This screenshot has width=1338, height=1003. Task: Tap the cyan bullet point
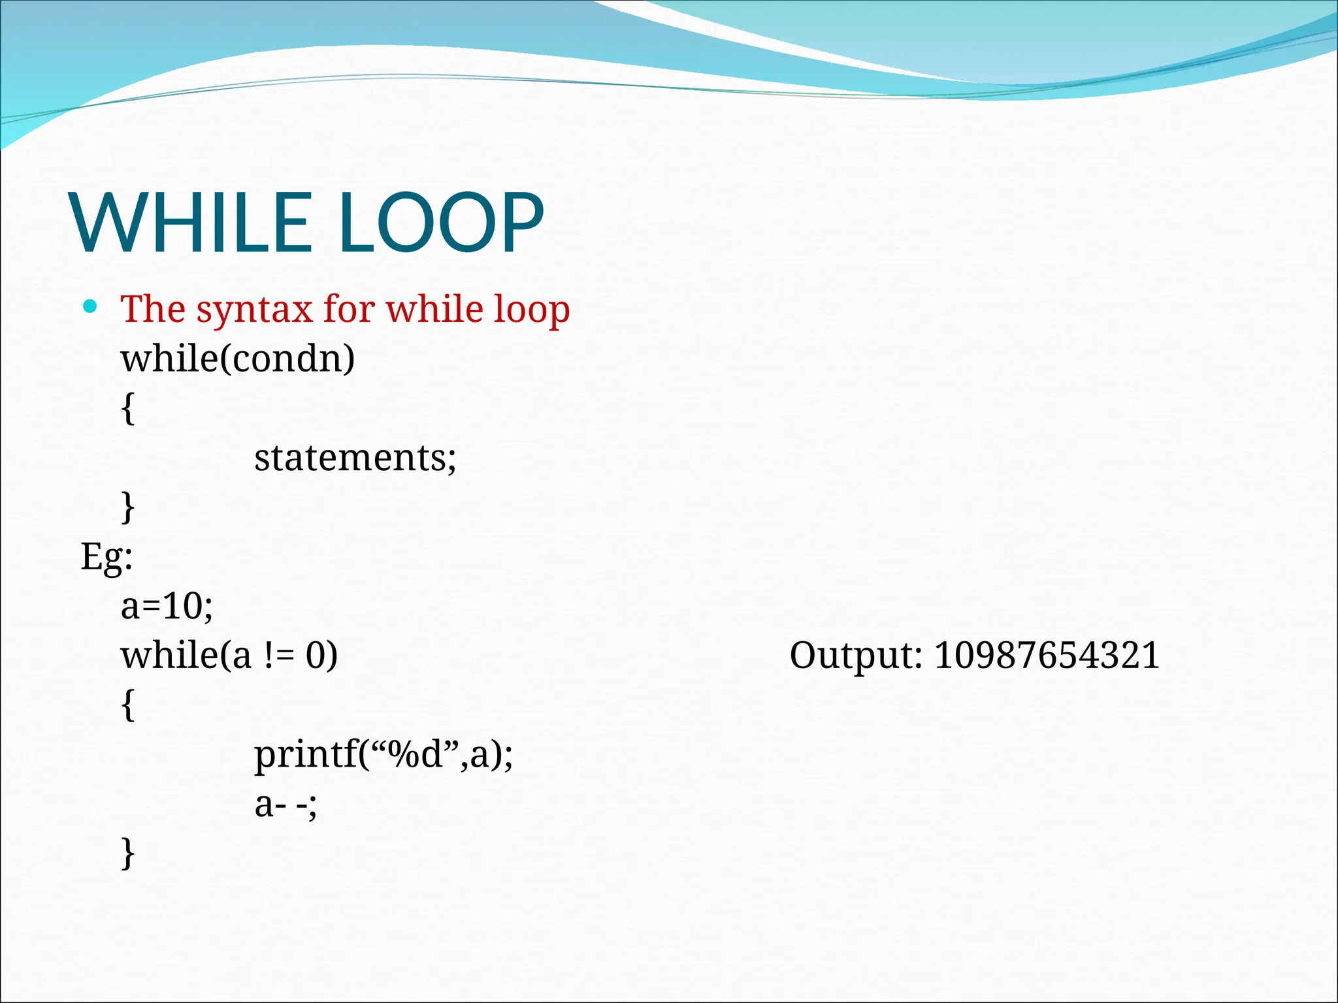click(x=90, y=306)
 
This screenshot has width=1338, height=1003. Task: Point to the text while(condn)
click(x=238, y=358)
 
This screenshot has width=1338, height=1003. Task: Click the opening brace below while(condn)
click(x=129, y=409)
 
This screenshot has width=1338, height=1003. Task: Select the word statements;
click(x=355, y=458)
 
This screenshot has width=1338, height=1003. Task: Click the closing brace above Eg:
click(x=129, y=507)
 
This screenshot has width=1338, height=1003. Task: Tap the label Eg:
click(x=106, y=557)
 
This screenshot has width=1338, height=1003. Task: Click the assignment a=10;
click(x=167, y=606)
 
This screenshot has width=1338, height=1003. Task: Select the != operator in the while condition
click(x=279, y=656)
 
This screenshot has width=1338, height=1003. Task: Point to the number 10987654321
click(x=1047, y=656)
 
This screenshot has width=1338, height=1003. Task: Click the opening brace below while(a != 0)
click(x=129, y=705)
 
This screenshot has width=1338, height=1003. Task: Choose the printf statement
click(x=383, y=755)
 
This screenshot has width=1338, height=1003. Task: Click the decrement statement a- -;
click(x=286, y=804)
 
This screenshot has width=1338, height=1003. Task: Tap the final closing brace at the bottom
click(x=129, y=853)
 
